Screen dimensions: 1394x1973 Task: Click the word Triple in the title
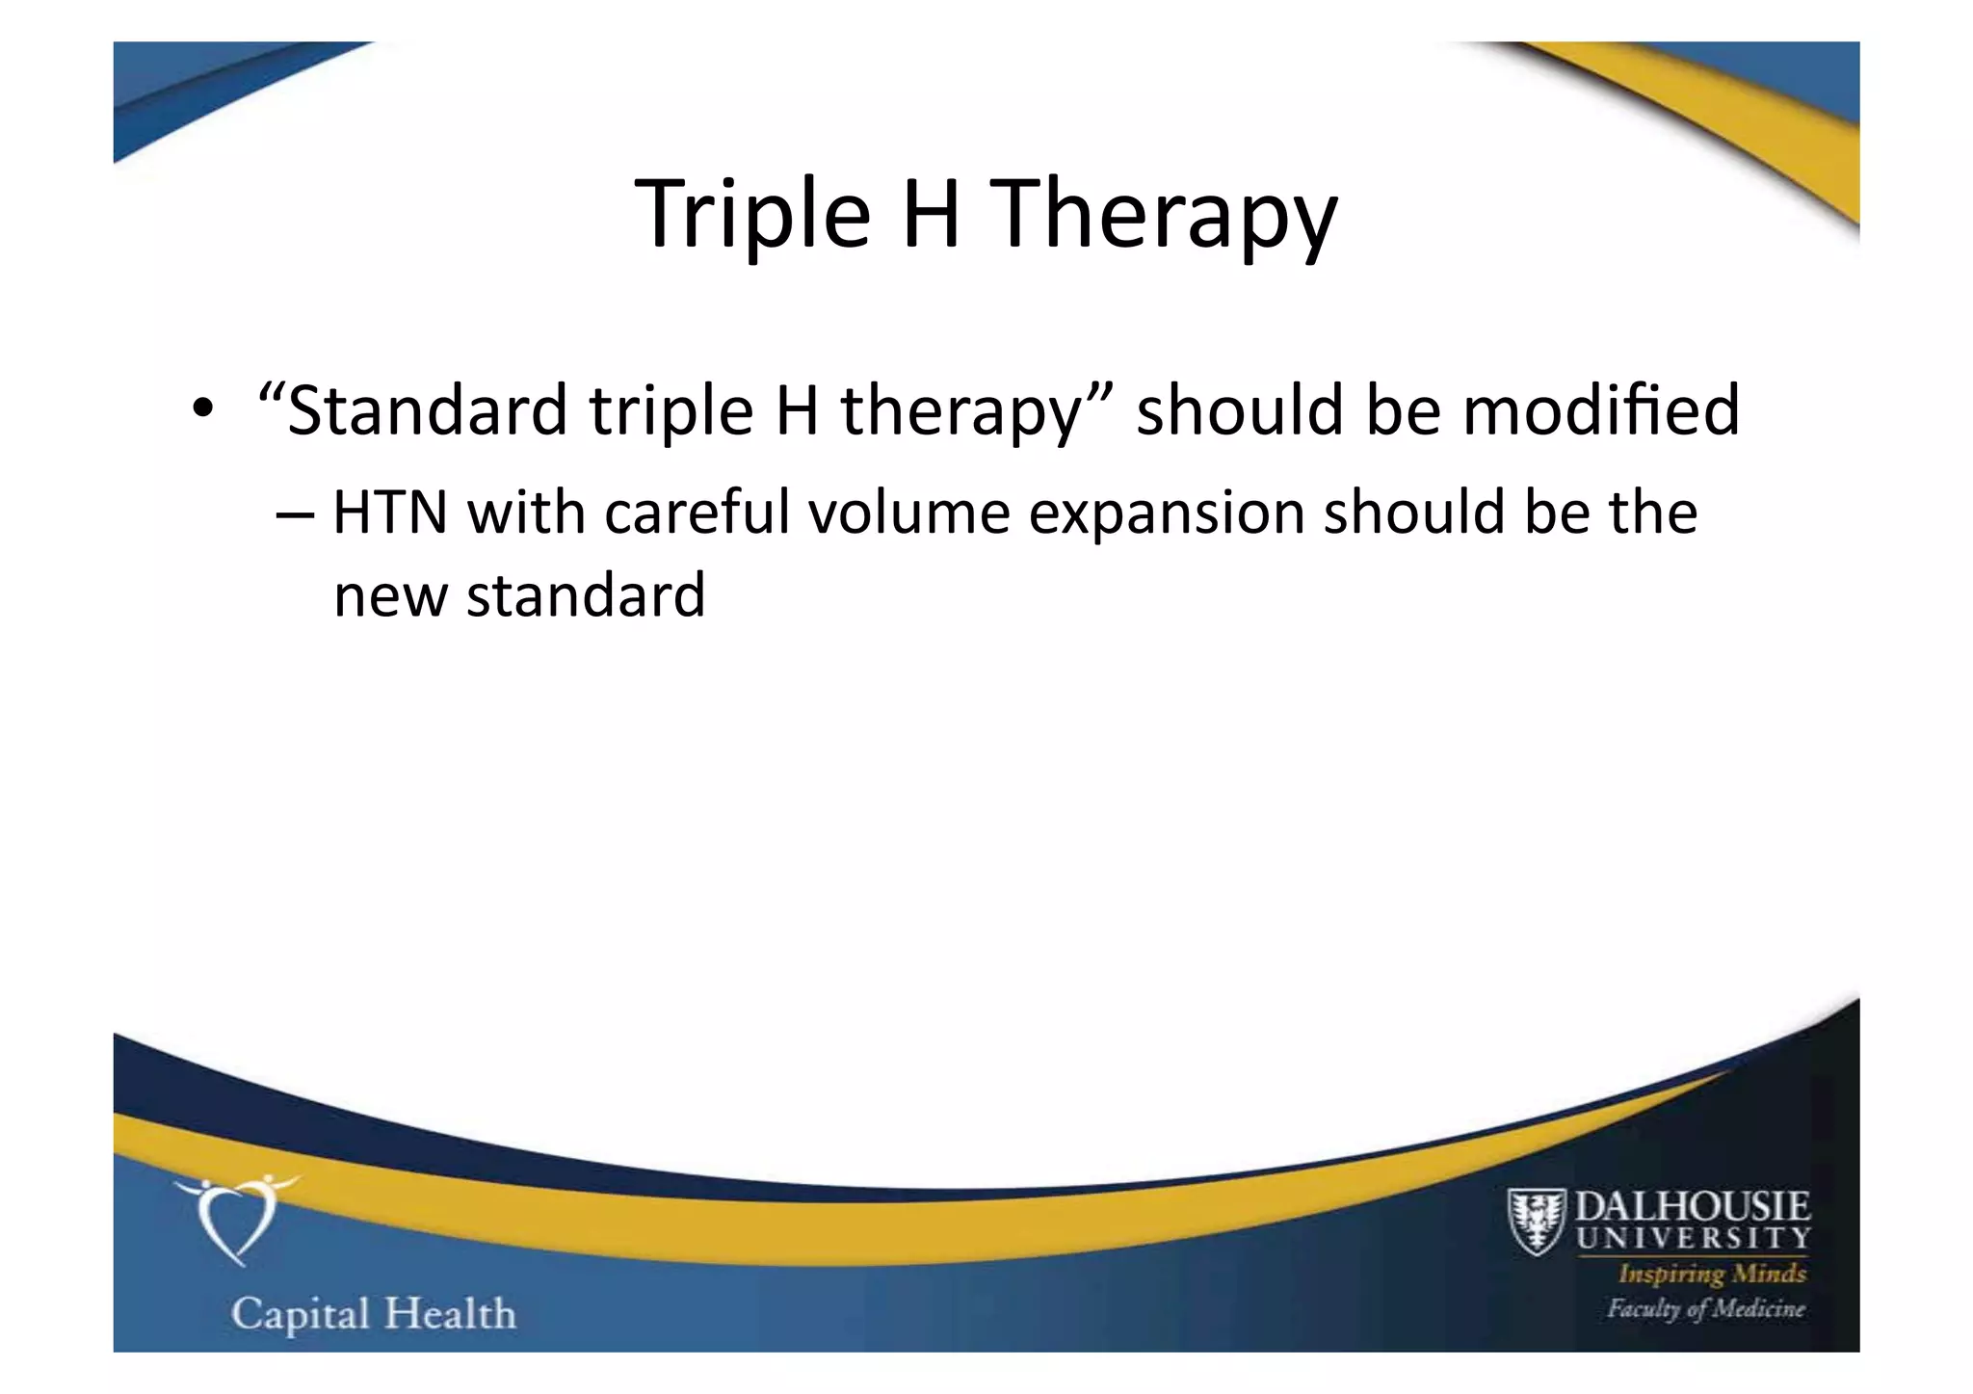tap(752, 214)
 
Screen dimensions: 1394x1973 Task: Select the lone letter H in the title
tap(931, 214)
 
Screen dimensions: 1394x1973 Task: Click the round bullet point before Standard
tap(201, 408)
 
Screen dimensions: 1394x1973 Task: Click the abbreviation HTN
tap(390, 513)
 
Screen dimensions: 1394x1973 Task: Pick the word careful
tap(697, 513)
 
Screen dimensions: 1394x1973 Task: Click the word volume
tap(908, 513)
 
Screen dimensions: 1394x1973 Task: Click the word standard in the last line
tap(586, 595)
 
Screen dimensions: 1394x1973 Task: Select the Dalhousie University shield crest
tap(1536, 1222)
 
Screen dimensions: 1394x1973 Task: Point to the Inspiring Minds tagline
tap(1712, 1274)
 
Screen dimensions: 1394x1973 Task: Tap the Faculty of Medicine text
tap(1705, 1308)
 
